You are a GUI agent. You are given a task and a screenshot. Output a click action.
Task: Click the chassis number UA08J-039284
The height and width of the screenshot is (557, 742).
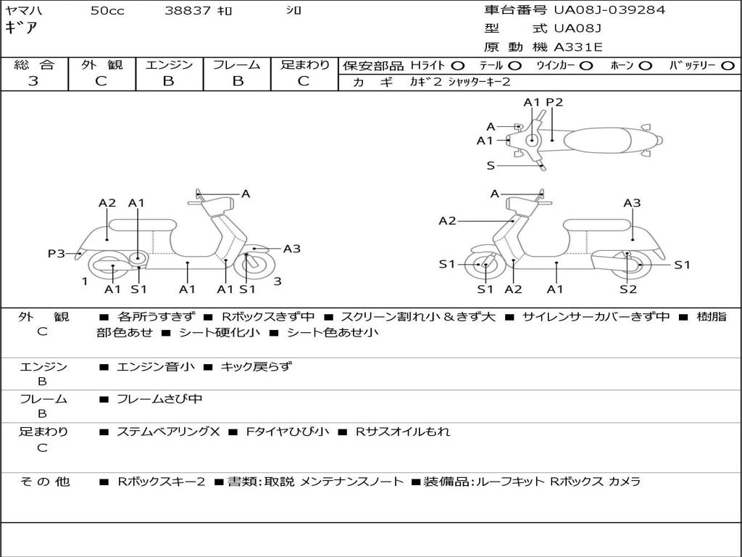[x=609, y=10]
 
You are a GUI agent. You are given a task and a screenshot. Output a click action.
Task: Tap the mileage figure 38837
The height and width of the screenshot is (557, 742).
[x=188, y=10]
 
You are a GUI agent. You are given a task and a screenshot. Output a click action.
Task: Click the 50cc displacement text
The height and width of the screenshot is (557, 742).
[x=107, y=10]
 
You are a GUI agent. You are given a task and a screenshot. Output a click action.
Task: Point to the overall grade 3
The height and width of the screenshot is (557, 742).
[x=33, y=81]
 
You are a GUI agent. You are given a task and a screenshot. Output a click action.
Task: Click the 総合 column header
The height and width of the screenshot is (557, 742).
[x=34, y=65]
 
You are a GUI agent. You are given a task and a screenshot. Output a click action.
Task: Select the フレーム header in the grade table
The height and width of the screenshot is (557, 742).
[x=237, y=65]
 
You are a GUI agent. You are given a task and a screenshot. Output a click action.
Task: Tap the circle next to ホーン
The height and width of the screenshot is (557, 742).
[x=646, y=66]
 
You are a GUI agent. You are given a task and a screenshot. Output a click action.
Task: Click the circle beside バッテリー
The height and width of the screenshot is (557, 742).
[x=728, y=66]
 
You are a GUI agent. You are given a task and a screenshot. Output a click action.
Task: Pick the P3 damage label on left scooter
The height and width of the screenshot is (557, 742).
[x=57, y=253]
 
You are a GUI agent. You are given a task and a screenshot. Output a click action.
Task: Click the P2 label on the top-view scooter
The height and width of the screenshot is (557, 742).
[x=554, y=102]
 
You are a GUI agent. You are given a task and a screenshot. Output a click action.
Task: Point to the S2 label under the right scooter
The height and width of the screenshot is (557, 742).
[x=628, y=289]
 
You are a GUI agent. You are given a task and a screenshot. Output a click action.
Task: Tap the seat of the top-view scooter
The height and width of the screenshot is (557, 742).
[x=597, y=140]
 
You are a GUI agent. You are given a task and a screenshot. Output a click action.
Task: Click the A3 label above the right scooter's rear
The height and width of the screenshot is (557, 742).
[x=632, y=203]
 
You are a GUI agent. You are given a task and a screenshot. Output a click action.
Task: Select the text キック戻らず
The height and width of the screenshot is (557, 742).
[x=257, y=366]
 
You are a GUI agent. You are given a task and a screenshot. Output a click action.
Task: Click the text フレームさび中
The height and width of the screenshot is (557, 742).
[x=159, y=400]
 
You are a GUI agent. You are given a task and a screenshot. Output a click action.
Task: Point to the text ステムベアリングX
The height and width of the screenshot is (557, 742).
[x=168, y=432]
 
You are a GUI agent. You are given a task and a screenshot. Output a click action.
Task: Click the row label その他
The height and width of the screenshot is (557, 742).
[x=44, y=482]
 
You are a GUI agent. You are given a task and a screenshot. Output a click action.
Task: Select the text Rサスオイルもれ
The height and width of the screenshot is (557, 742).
[x=403, y=432]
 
